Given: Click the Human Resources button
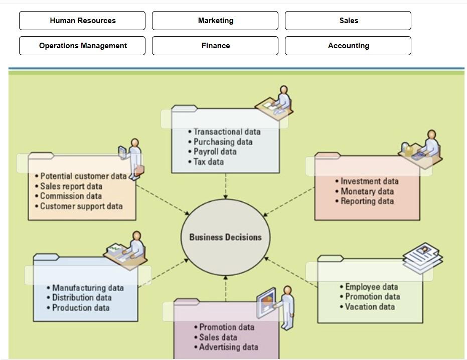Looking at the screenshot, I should coord(82,21).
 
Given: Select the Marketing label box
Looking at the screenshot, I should coord(215,21).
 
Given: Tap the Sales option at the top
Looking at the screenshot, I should coord(348,21).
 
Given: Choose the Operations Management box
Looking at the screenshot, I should coord(82,46).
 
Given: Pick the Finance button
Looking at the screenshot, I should coord(215,46).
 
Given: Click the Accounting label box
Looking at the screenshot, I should coord(348,46).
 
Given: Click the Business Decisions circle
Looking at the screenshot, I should coord(225,237).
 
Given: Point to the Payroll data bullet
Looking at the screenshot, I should coord(215,152).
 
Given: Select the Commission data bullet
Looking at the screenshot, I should coord(71,196).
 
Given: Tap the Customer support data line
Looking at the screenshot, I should coord(81,206).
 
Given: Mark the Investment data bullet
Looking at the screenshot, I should coord(369,181).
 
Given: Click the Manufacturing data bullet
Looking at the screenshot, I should coord(88,288).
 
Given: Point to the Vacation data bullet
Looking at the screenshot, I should coord(370,307).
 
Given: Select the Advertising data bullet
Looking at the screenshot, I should coord(228,347).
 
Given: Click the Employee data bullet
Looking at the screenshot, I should coord(371,287).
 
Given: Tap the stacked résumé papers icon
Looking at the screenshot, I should coord(423,258).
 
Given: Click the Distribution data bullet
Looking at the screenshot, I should coord(82,298).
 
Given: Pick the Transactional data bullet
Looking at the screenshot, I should coord(227,132).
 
